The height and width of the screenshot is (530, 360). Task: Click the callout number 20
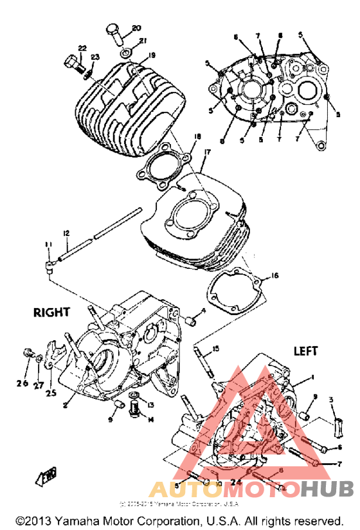tap(136, 28)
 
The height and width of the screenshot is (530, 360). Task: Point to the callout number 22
tap(82, 49)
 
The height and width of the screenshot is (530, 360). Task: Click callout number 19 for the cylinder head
tap(152, 55)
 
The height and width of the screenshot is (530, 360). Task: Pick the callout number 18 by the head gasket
tap(197, 136)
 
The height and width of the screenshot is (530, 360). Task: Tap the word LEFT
tap(307, 351)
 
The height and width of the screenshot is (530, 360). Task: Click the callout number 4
tap(203, 311)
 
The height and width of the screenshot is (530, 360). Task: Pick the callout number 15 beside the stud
tap(215, 348)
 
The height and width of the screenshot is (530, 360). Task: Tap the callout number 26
tap(22, 384)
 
